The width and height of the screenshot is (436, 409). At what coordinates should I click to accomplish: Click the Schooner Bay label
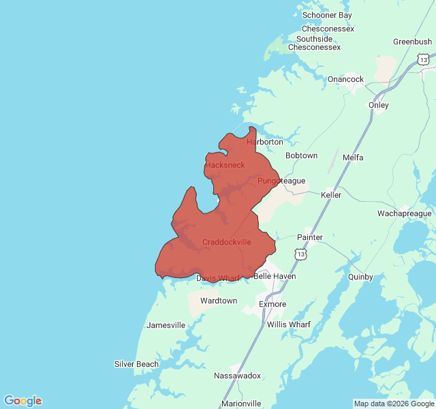327,15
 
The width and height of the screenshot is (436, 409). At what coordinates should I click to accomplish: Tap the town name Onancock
345,79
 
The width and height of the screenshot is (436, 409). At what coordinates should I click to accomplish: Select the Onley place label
378,105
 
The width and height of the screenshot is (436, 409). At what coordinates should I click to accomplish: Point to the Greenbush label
412,42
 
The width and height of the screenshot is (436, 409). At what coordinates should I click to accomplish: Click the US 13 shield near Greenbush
424,60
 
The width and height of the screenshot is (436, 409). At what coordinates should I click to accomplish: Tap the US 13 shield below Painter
300,254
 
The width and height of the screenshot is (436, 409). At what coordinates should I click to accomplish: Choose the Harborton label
264,142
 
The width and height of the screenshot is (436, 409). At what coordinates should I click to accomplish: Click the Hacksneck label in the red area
225,165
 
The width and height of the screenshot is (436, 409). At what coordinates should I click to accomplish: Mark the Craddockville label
226,242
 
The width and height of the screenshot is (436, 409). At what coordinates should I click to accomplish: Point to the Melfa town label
353,157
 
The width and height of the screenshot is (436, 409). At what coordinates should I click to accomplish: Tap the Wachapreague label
405,213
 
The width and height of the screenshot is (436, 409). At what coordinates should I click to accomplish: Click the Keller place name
331,195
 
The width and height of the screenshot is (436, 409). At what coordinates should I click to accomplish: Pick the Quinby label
360,277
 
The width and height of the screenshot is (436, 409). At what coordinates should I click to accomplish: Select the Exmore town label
272,304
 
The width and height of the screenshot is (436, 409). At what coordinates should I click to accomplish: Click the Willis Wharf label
288,324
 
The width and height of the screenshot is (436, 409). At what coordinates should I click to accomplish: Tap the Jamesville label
166,325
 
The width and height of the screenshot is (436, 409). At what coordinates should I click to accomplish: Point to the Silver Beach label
136,364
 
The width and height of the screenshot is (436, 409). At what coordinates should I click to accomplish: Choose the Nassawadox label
237,376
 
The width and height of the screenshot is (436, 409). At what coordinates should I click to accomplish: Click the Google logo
22,401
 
